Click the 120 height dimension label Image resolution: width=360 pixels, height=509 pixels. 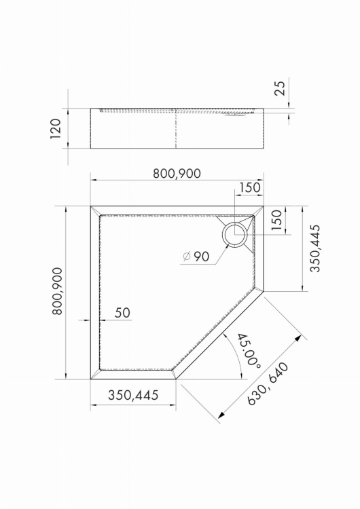click(56, 128)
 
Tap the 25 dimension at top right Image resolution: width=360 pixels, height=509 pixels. click(280, 88)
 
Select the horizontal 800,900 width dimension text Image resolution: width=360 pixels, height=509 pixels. click(177, 174)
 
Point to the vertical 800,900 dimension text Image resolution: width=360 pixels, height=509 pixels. click(57, 291)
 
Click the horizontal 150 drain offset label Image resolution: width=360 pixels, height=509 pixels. click(249, 187)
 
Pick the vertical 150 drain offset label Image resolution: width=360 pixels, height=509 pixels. click(276, 220)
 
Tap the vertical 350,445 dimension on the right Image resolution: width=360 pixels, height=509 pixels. click(315, 248)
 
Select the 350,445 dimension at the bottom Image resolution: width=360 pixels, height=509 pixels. click(133, 395)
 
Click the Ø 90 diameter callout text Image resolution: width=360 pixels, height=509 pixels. click(196, 257)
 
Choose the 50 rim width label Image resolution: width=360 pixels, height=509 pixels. click(122, 313)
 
